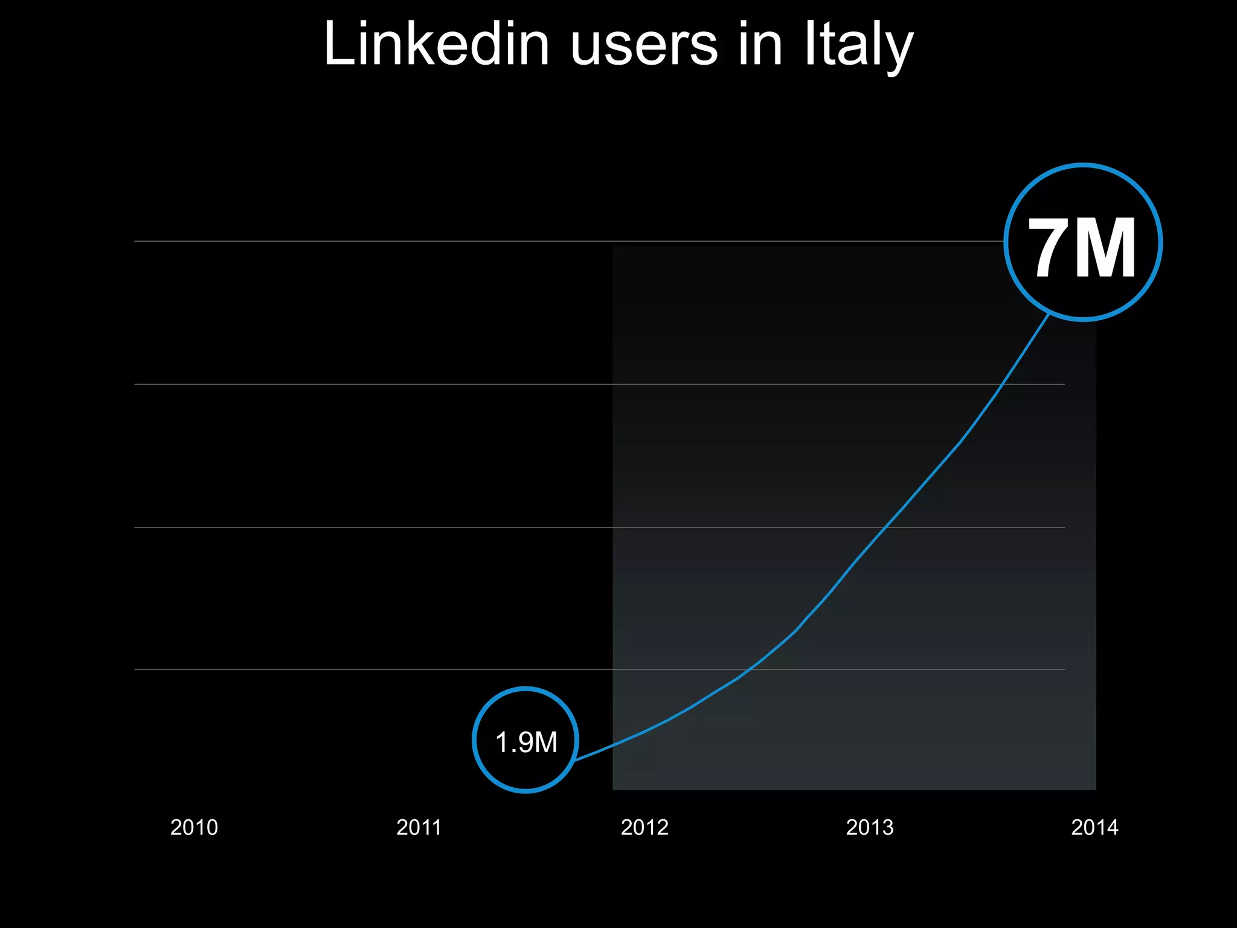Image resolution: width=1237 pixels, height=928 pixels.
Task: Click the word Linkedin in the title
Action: pos(436,43)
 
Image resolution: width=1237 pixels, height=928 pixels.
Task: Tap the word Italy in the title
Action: pos(858,45)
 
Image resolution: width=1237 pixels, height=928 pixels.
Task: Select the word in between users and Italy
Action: pos(760,43)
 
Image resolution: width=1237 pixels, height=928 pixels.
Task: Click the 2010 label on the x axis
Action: pos(194,827)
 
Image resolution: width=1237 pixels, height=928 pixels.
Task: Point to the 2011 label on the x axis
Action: pos(419,827)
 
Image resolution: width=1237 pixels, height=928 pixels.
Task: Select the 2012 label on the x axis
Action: pos(644,827)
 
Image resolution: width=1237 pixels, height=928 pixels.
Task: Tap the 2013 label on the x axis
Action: pos(869,827)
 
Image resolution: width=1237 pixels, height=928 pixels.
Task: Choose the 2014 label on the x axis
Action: pos(1094,827)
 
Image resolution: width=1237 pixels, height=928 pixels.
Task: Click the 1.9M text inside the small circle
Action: pos(525,742)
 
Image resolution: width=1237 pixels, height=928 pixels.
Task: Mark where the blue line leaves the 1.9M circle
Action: pos(576,760)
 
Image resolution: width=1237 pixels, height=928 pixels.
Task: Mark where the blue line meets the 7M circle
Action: pos(1049,315)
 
